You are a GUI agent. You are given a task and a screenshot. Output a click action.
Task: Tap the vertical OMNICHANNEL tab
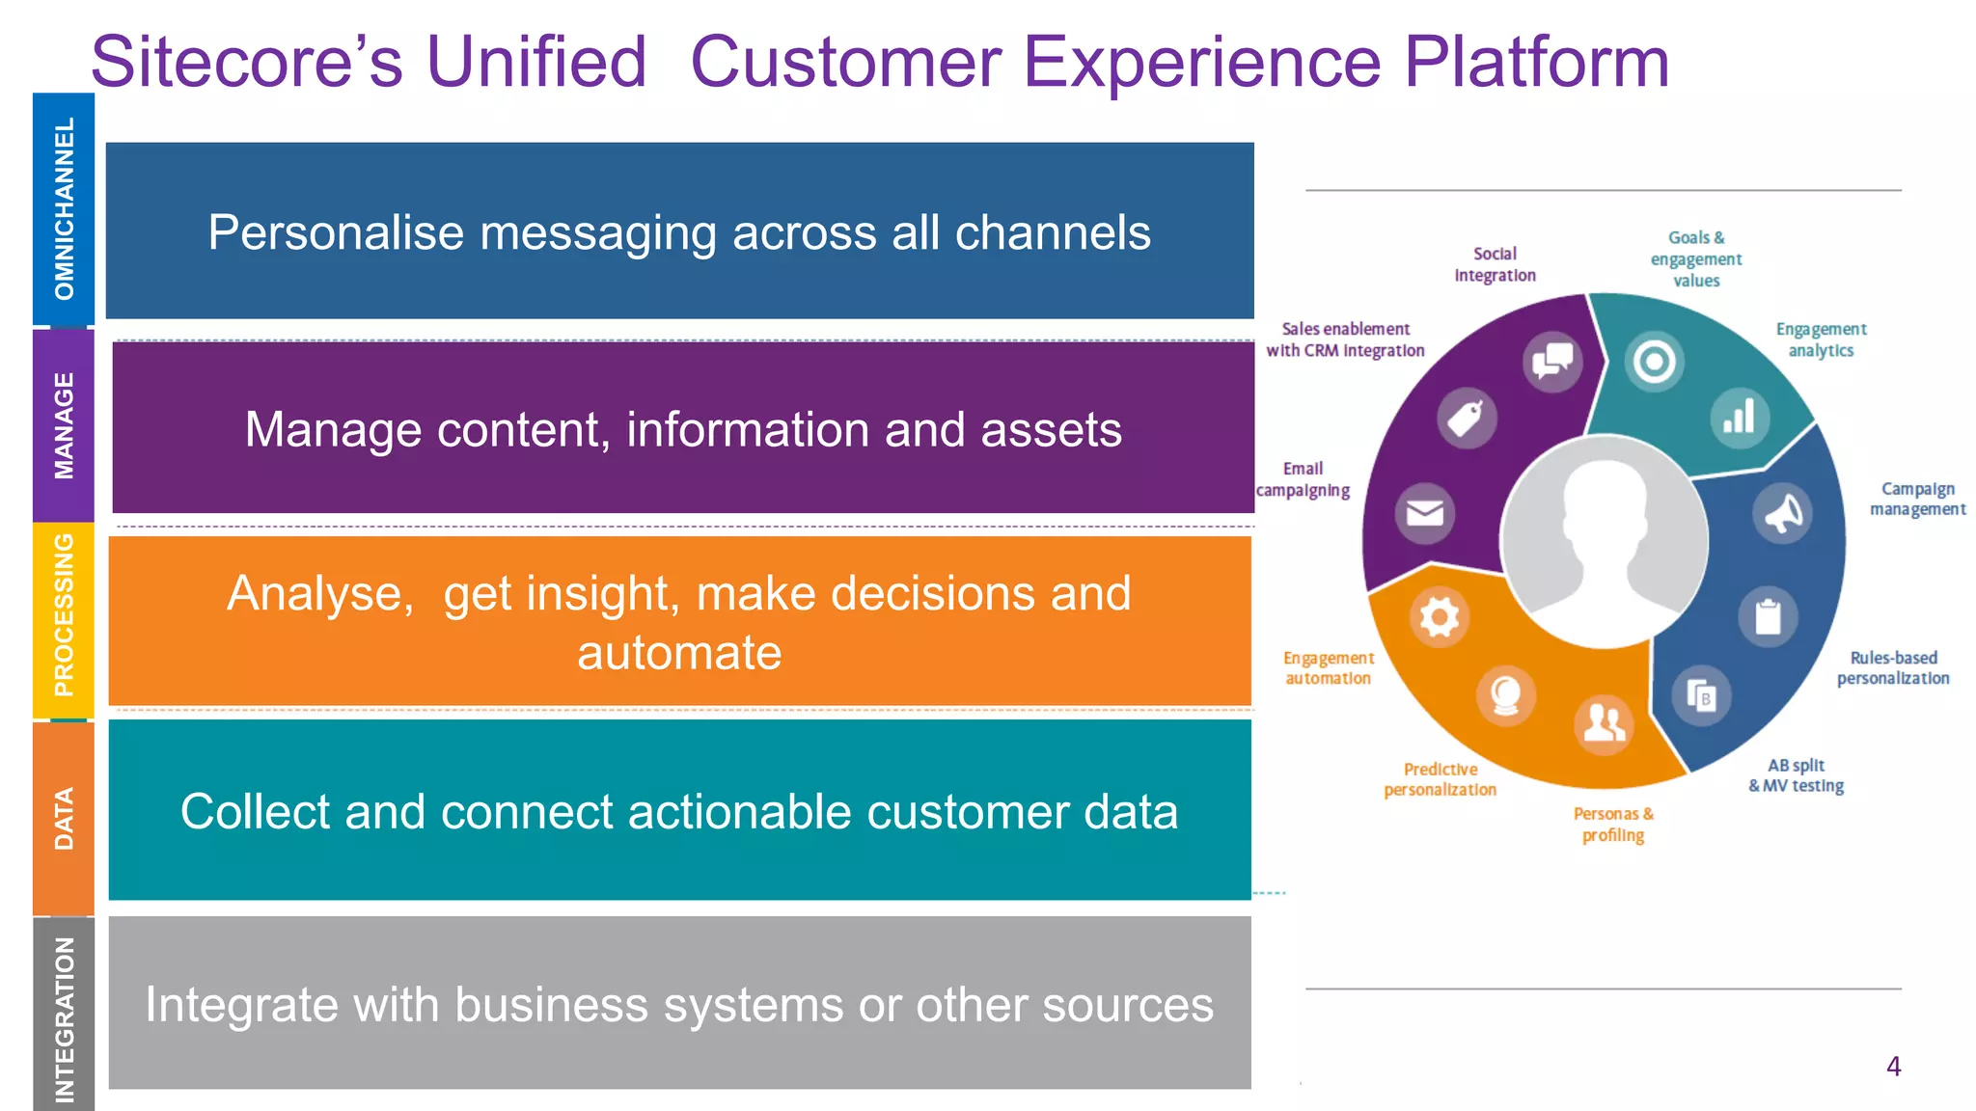click(64, 208)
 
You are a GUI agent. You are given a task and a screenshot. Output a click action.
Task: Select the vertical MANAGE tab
click(64, 425)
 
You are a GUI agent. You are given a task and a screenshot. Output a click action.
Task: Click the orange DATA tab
click(64, 818)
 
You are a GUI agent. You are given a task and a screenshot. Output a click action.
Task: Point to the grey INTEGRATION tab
click(64, 1017)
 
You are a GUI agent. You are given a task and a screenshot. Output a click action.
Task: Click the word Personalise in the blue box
click(336, 233)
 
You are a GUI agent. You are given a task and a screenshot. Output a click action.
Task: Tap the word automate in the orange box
click(678, 653)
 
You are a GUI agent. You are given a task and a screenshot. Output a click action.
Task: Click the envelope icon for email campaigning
click(1424, 512)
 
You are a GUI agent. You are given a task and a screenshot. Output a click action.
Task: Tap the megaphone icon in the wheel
click(1782, 512)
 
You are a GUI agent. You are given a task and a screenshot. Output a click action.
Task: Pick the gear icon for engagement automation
click(1439, 616)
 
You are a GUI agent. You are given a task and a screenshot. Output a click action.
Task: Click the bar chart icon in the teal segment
click(1739, 417)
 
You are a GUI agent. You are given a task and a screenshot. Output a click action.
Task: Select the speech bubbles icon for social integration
click(1552, 362)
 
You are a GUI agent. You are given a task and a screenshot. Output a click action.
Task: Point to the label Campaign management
click(1916, 499)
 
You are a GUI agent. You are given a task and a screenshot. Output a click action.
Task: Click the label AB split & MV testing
click(1796, 775)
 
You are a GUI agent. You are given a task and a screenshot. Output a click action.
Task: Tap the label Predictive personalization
click(1440, 779)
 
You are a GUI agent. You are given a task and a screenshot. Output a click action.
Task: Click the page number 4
click(1893, 1066)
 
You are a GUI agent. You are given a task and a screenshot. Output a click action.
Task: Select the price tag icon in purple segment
click(1466, 419)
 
